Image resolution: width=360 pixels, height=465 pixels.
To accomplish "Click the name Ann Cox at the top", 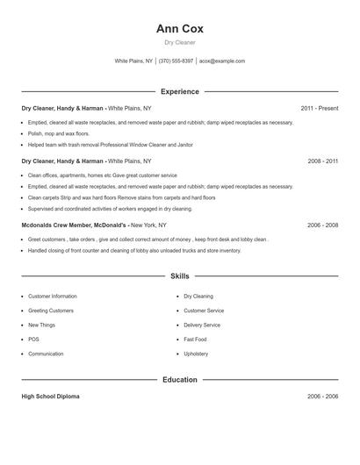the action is point(179,28).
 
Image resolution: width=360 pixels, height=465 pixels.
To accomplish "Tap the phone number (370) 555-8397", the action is point(176,61).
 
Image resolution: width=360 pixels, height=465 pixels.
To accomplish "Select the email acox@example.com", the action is point(222,61).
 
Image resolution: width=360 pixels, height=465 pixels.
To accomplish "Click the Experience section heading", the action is point(179,91).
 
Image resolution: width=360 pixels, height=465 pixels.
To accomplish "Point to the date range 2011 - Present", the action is point(319,108).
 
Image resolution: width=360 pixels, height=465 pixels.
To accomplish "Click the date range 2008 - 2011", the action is point(322,161).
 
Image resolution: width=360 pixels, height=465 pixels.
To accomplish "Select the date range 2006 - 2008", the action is point(322,225).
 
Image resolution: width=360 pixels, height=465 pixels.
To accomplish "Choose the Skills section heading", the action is point(179,276).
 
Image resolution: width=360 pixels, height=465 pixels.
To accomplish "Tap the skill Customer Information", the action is point(52,297).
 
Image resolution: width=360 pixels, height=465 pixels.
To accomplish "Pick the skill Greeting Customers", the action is point(50,311).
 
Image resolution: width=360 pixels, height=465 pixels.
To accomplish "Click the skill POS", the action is point(33,340).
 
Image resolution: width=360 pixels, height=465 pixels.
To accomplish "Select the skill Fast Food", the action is point(195,340).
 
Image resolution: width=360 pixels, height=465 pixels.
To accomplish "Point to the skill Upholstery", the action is point(196,354).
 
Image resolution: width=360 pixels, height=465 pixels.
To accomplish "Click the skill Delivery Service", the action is point(202,325).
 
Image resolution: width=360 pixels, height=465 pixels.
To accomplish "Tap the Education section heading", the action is point(179,380).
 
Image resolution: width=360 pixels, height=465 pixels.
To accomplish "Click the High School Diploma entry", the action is point(50,397).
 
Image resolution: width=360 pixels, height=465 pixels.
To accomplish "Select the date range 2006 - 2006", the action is point(322,397).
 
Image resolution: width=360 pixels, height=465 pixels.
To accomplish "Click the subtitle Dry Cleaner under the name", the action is point(179,42).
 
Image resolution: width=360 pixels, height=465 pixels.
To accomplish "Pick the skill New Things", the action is point(41,325).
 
